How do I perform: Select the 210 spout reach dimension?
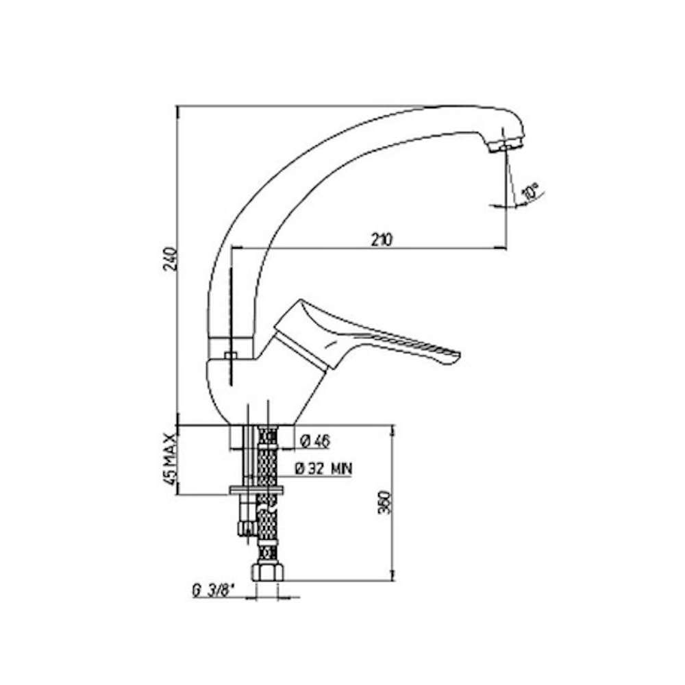(x=382, y=240)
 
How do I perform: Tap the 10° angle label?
(x=530, y=192)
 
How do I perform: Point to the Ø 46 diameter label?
(x=315, y=442)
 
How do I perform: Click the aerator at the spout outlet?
(x=504, y=145)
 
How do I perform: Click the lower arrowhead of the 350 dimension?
(x=393, y=576)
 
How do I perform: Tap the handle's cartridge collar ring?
(x=301, y=345)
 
